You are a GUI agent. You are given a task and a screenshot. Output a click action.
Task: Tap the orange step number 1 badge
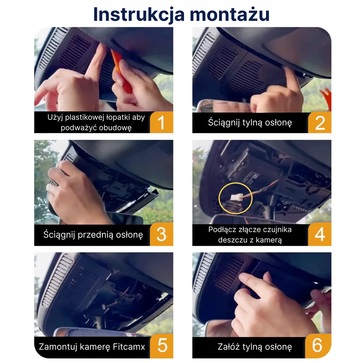161,122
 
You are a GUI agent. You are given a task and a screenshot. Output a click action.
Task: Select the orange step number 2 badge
319,122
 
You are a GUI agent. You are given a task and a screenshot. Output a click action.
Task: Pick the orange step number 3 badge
161,234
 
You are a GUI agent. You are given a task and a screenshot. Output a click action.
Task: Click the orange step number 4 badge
319,234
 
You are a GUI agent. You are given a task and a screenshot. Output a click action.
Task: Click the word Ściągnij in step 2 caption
222,122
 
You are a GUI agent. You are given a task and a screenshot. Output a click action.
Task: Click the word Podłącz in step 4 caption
222,229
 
